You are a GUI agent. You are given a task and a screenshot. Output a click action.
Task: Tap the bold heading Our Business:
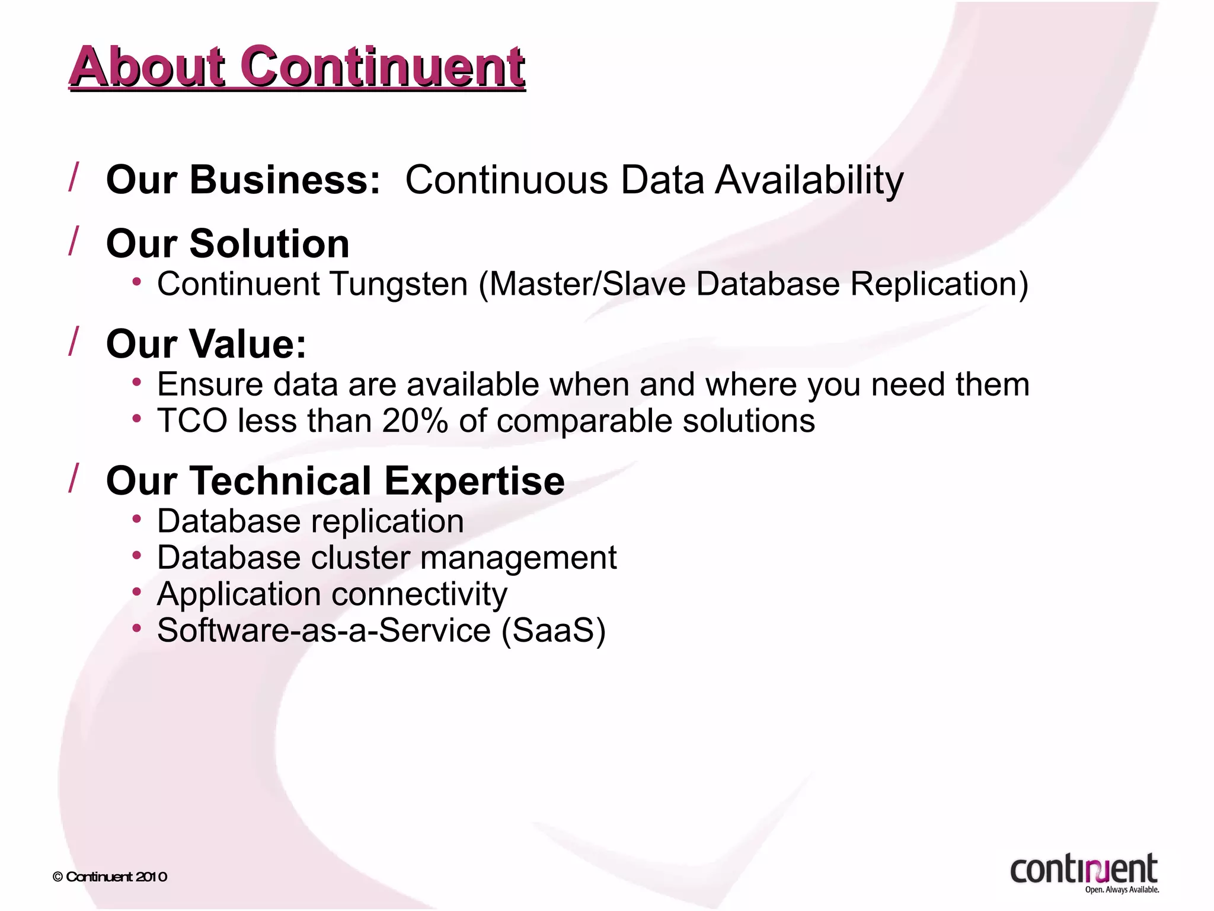243,180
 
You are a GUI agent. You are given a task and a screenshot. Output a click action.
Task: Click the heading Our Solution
228,244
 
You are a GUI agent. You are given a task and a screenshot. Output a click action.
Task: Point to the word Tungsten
399,284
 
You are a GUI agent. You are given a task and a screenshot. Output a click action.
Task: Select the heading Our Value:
206,344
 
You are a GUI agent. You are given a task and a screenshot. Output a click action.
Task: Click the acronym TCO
192,421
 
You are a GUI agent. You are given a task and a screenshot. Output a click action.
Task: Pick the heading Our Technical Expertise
335,481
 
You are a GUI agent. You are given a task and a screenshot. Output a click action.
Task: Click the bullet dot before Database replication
137,520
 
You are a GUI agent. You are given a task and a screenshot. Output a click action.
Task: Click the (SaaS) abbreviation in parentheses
554,630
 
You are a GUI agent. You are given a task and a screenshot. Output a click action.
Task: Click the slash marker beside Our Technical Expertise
74,478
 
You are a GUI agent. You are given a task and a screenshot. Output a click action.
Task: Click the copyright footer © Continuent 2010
110,877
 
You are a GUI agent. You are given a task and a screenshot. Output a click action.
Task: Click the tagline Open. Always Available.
1122,890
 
